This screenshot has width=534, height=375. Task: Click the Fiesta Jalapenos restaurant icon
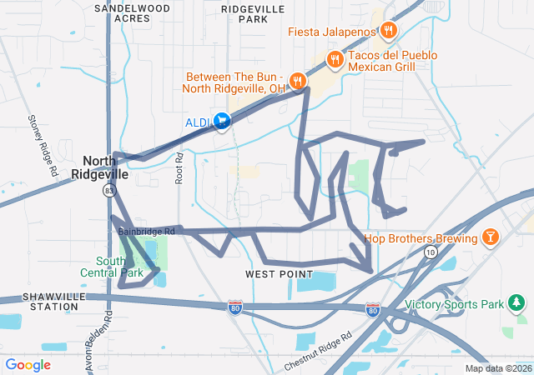388,32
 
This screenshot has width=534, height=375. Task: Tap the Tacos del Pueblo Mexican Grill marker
335,59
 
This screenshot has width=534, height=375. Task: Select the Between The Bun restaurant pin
298,81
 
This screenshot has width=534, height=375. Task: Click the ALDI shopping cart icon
222,122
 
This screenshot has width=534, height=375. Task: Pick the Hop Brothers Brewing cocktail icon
491,237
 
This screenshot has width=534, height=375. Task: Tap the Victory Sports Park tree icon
517,302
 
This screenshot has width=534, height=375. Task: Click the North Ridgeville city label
105,167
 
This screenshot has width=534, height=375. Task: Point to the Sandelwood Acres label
132,12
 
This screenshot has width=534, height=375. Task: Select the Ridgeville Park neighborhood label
254,12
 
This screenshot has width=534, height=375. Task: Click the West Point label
279,274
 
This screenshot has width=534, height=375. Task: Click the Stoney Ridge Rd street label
43,145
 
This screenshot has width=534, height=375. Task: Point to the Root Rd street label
179,167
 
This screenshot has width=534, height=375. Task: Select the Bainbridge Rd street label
145,231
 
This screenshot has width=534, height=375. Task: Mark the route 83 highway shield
109,191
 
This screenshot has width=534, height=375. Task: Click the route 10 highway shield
430,252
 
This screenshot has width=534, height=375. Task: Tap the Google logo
28,365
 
